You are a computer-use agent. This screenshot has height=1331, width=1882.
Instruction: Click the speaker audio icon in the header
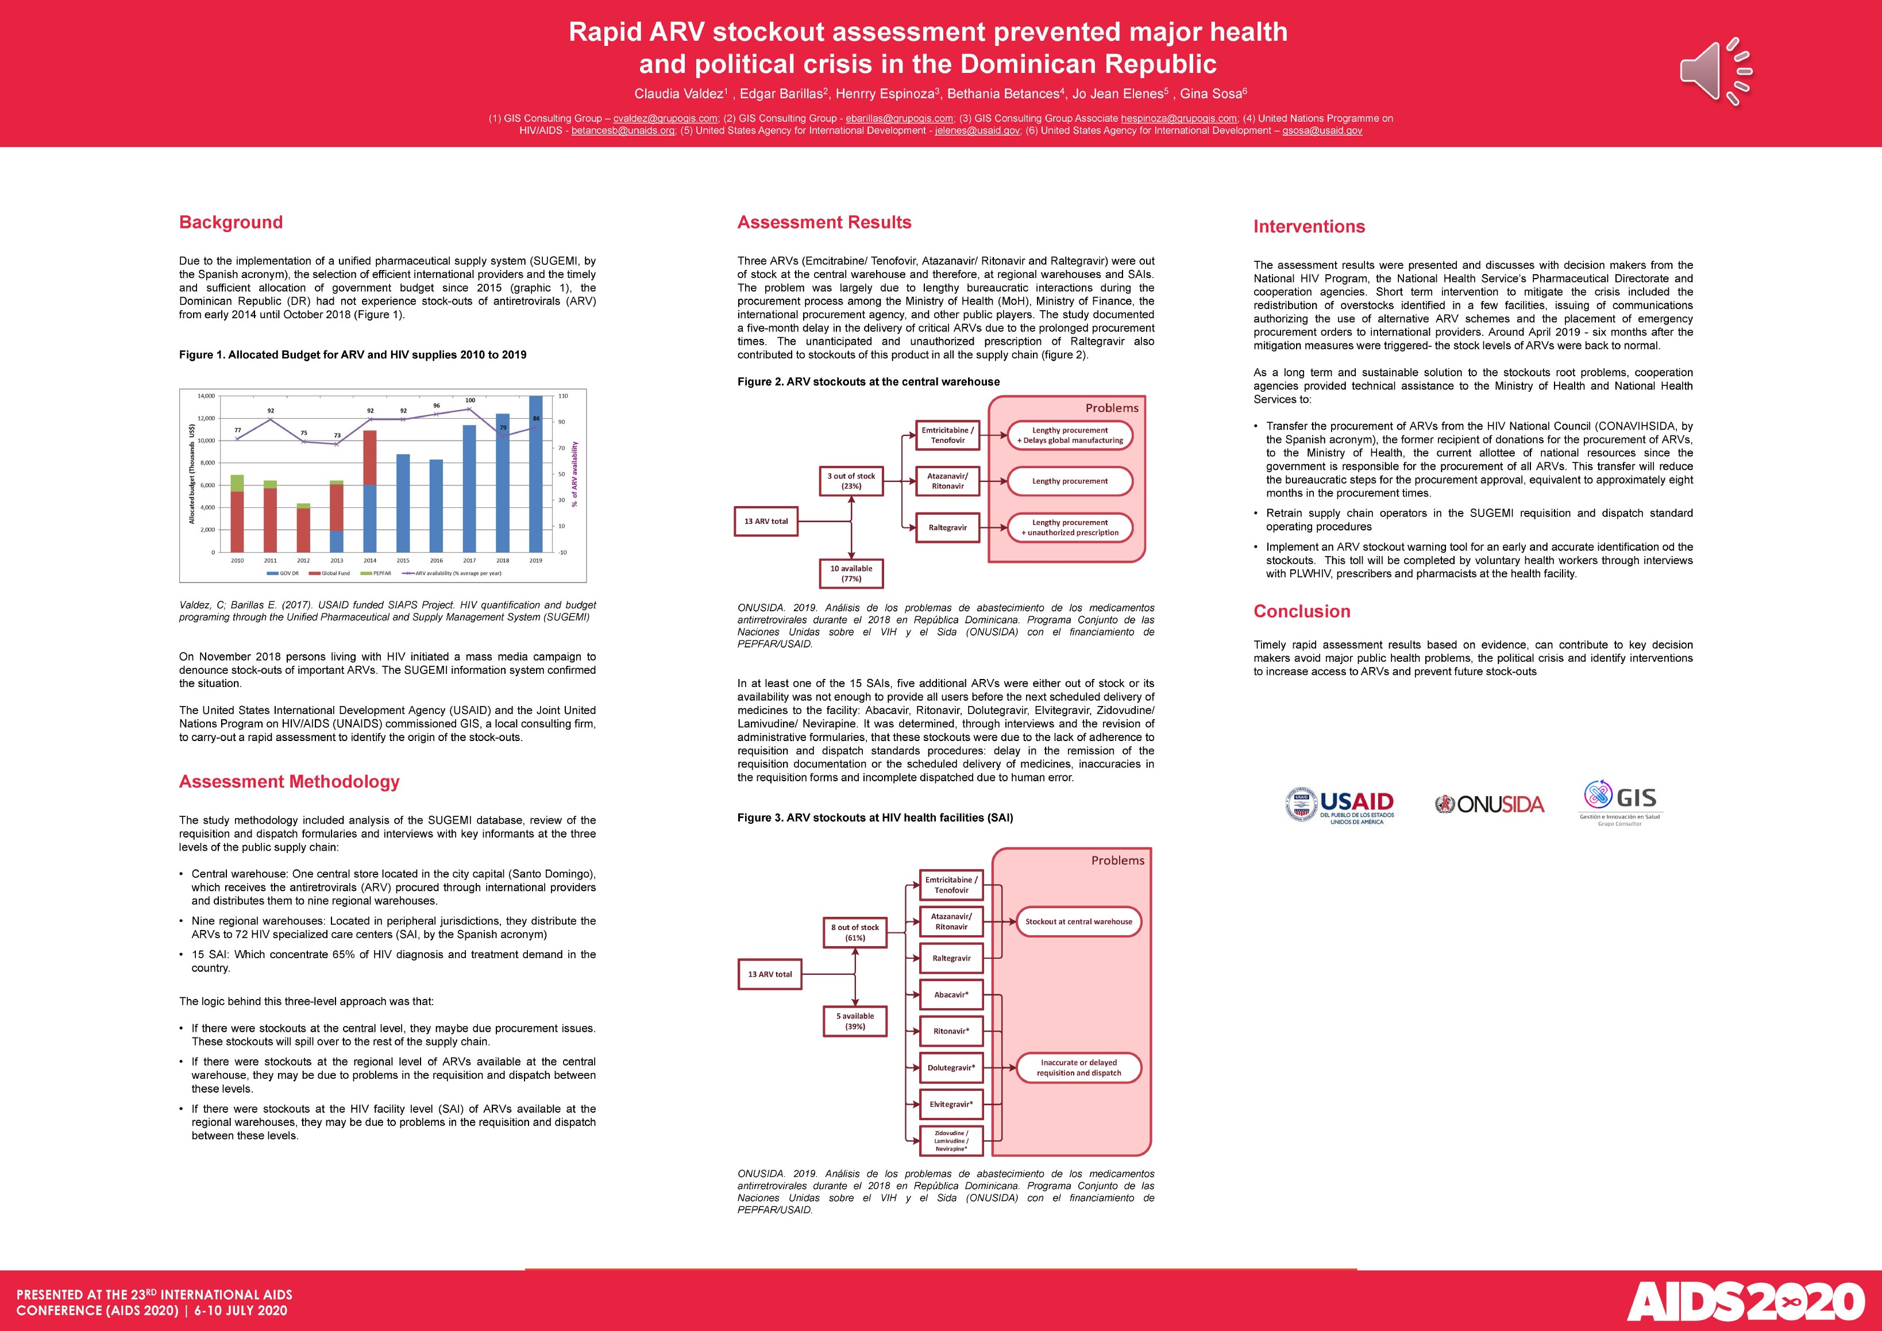coord(1715,71)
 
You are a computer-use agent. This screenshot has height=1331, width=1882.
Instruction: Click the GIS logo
coord(1621,803)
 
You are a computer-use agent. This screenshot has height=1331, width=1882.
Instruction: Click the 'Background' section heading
coord(230,222)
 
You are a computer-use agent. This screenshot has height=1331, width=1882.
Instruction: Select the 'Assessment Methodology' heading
coord(288,781)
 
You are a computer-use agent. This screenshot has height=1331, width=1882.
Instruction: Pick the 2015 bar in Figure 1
coord(403,503)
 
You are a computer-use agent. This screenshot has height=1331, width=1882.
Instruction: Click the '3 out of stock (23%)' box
coord(851,481)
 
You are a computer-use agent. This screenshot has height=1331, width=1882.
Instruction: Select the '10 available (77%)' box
coord(851,573)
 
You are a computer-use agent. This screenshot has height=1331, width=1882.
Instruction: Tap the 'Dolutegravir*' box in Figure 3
coord(951,1068)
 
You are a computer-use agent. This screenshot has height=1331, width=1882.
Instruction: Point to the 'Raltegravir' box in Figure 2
coord(947,528)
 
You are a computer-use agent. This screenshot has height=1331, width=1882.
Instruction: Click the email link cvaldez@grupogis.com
coord(665,118)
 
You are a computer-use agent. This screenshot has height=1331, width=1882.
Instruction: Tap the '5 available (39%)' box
coord(854,1020)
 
